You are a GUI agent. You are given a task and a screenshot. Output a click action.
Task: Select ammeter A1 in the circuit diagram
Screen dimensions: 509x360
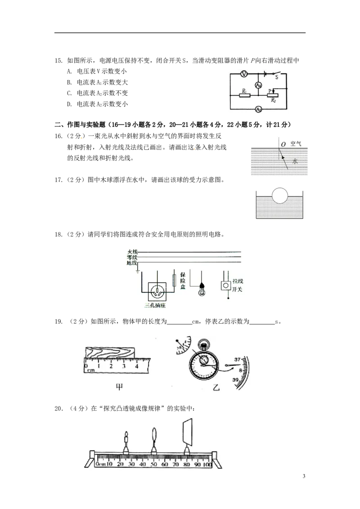(258, 85)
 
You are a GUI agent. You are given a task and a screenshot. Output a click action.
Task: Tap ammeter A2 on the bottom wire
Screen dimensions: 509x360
(258, 109)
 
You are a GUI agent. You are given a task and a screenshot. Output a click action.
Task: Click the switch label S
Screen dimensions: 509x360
(276, 77)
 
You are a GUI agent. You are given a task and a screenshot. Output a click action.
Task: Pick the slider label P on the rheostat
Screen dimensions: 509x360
(270, 90)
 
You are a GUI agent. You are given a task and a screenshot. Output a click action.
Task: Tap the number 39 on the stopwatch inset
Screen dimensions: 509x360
(235, 380)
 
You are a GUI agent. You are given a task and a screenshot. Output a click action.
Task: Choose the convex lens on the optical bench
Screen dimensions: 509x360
(154, 436)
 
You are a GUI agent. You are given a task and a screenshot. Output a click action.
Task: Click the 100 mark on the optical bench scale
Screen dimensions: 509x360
(207, 464)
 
